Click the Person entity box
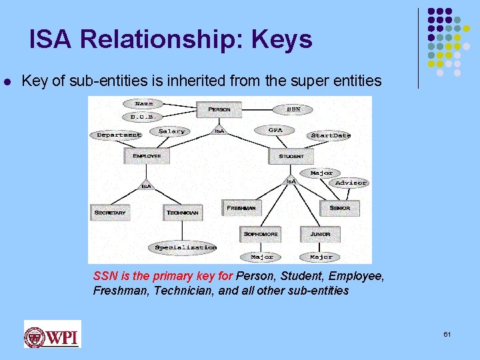(219, 109)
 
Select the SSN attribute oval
(293, 108)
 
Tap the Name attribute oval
(143, 103)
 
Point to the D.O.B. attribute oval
(142, 117)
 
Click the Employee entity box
(147, 156)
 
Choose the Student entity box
(291, 156)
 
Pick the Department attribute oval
(119, 135)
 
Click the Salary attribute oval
(172, 131)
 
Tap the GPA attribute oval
(275, 129)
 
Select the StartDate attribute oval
(331, 135)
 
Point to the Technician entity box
(183, 212)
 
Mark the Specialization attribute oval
(185, 247)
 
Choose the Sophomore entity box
(261, 234)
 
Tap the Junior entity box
(320, 234)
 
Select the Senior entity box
(339, 208)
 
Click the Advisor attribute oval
(351, 183)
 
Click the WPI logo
(52, 334)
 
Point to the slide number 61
(447, 333)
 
